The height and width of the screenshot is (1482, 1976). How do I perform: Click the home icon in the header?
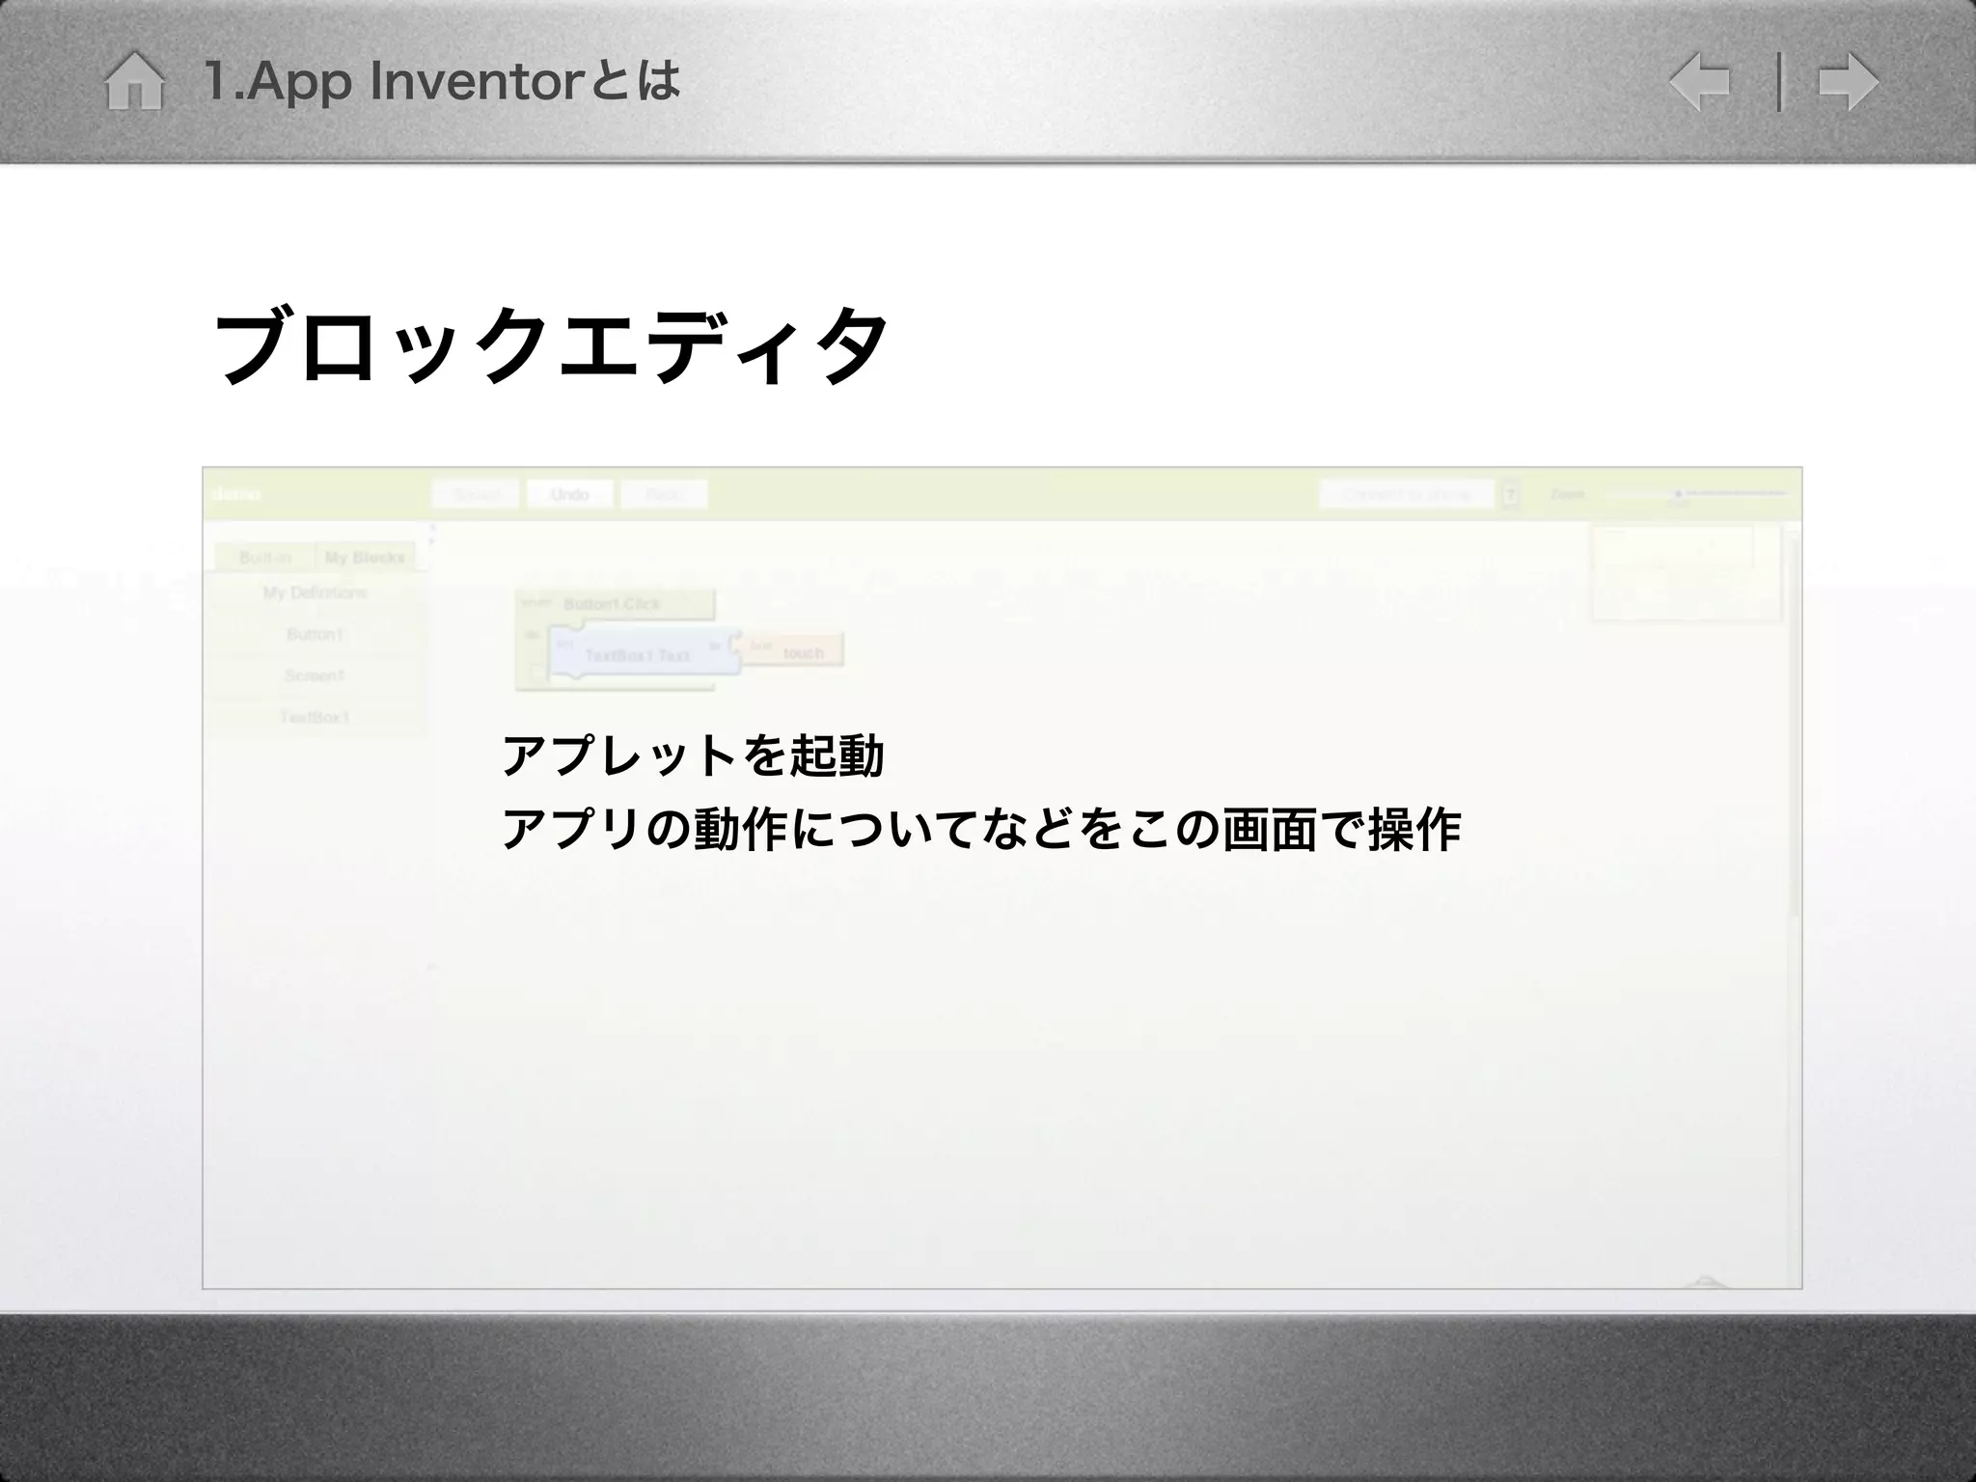coord(134,82)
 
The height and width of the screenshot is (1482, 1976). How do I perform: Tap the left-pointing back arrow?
coord(1699,82)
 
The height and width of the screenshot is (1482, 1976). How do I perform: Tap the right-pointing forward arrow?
coord(1848,82)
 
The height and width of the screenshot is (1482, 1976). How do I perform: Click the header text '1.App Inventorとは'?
coord(443,81)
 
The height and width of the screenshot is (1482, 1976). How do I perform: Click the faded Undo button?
coord(569,494)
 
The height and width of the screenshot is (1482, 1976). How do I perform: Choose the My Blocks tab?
coord(365,557)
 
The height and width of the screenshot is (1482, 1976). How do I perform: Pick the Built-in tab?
coord(264,557)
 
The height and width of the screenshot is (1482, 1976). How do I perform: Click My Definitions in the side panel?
coord(315,592)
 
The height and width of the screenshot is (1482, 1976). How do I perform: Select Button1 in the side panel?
coord(315,634)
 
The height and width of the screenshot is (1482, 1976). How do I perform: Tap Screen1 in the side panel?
coord(315,675)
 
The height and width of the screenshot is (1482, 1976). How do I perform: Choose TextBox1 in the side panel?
coord(315,717)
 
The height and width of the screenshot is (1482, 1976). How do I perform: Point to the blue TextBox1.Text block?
coord(637,654)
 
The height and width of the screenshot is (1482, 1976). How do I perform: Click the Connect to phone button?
coord(1406,494)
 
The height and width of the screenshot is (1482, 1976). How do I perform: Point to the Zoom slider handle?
coord(1679,494)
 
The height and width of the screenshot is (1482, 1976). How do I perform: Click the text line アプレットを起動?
coord(693,755)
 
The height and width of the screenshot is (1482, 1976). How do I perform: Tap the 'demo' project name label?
coord(235,494)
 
